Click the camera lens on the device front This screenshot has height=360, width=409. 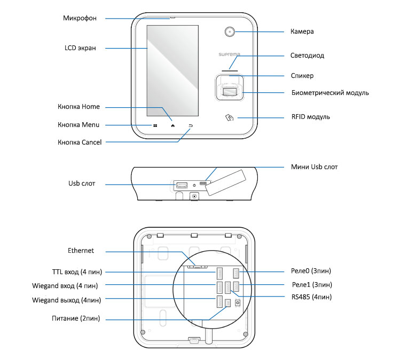coord(230,31)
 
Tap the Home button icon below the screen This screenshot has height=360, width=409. coord(172,126)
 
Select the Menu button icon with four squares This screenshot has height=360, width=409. coord(155,125)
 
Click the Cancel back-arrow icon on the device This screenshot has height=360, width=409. coord(191,126)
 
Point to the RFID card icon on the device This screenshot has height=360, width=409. coord(229,118)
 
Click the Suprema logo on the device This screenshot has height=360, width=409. coord(229,54)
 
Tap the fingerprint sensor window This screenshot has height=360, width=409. coord(230,92)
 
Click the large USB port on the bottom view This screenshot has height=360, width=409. coord(182,185)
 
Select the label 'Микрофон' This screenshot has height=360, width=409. coord(80,18)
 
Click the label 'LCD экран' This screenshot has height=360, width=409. coord(80,48)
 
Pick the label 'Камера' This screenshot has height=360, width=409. coord(302,31)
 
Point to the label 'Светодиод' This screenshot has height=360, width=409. coord(307,55)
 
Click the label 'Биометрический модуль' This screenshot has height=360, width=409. coord(330,93)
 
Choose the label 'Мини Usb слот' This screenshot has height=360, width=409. coord(314,167)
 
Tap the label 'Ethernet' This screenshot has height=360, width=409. coord(81,251)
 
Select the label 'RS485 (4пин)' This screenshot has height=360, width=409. coord(311,297)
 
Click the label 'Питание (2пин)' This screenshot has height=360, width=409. coord(76,318)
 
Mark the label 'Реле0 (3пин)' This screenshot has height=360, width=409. coord(311,271)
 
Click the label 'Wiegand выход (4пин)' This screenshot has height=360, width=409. coord(67,300)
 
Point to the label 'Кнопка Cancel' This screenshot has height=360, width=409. coord(80,142)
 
